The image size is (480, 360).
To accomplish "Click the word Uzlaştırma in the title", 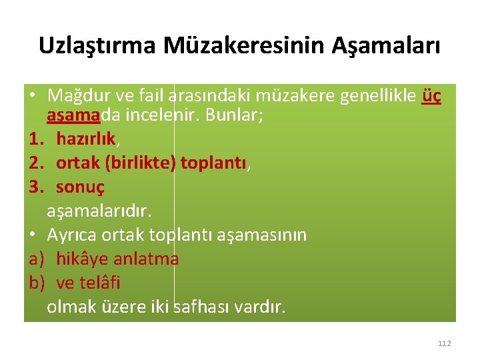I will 97,46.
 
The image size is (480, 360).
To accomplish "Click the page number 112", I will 445,343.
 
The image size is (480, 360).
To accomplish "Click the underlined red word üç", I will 432,96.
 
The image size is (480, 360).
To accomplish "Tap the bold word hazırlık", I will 85,139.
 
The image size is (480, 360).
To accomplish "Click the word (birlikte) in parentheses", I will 139,163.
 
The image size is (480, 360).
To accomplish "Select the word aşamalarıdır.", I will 99,211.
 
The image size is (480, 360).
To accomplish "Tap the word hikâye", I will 83,259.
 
